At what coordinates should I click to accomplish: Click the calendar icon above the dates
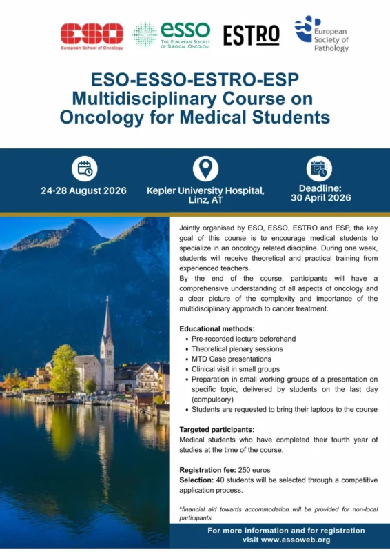click(84, 168)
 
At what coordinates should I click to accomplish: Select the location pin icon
click(205, 168)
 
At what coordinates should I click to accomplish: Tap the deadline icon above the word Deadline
click(318, 168)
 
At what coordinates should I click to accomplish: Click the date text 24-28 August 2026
click(83, 190)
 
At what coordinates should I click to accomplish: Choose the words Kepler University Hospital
click(205, 190)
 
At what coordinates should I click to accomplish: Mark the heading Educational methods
click(216, 328)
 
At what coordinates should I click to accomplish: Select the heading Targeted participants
click(216, 429)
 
